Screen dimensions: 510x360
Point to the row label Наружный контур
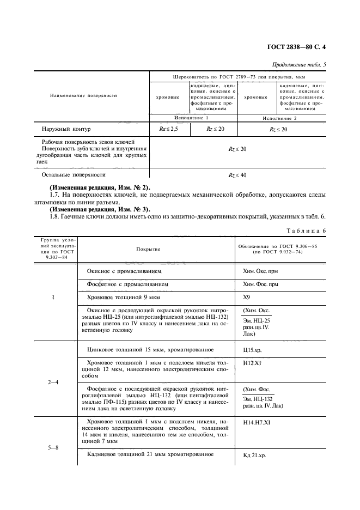tap(66, 129)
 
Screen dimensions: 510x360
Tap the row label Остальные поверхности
tap(73, 175)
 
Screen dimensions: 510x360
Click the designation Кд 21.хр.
tap(255, 456)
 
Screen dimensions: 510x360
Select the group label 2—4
tap(53, 381)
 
